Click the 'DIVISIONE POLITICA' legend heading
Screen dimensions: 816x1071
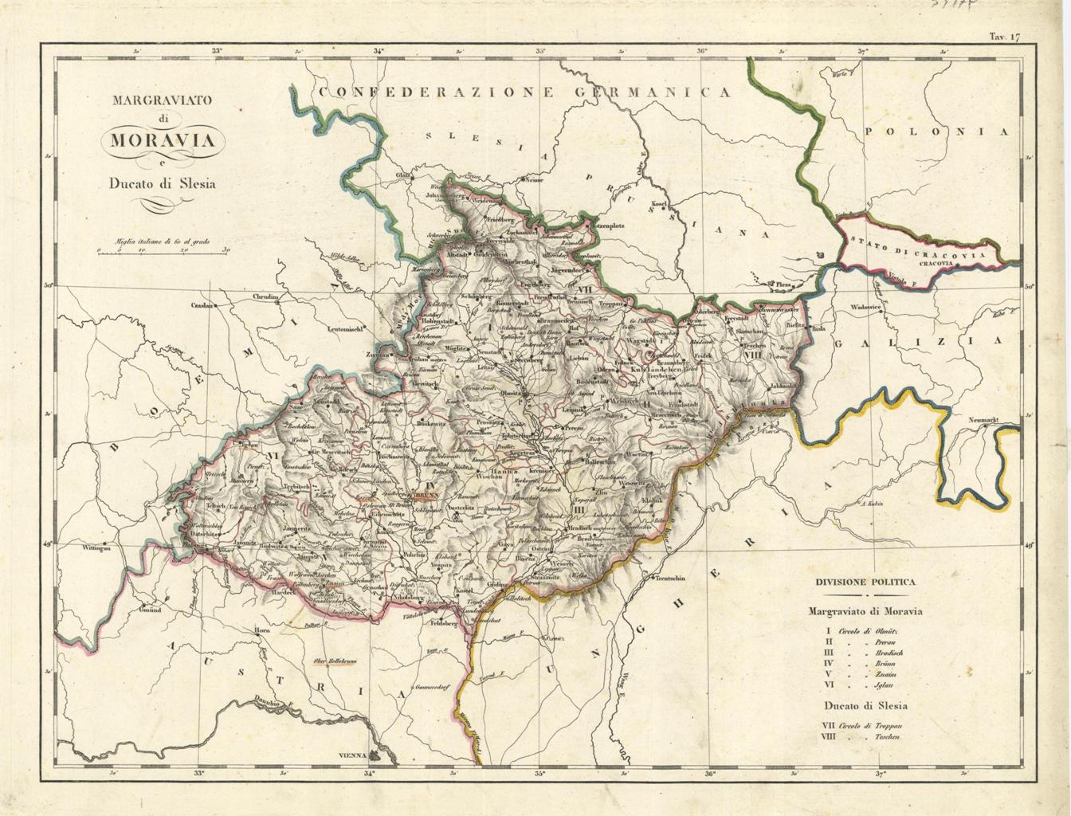865,582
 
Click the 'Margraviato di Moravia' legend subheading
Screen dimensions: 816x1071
865,612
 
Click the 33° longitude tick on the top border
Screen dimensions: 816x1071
217,51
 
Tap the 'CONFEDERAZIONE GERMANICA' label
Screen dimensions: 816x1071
524,92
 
